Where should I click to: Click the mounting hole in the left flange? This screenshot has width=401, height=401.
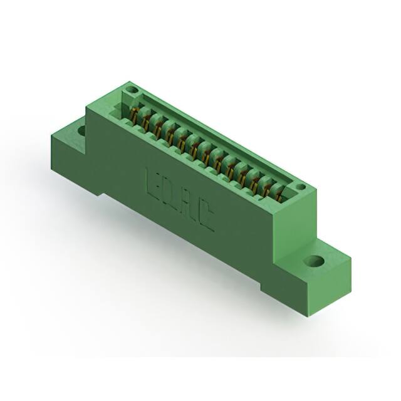[x=81, y=131]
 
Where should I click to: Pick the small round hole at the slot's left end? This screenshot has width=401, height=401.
[x=131, y=91]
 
